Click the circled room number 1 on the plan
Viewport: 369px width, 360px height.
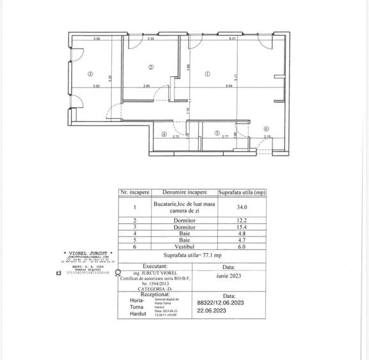(x=207, y=74)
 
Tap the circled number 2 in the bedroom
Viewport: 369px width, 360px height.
(x=151, y=67)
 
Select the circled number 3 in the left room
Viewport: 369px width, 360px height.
(x=91, y=74)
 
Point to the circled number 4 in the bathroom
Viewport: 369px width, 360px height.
(x=164, y=134)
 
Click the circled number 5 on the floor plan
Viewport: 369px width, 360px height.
(x=218, y=134)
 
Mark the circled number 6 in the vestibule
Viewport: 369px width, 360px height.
(x=265, y=128)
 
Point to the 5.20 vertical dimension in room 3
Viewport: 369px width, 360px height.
(x=110, y=78)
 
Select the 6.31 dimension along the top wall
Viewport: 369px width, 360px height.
(x=233, y=40)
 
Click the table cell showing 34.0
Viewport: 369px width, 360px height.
(x=242, y=207)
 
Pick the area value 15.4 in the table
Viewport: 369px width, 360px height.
(x=242, y=226)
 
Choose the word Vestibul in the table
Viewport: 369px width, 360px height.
(x=184, y=246)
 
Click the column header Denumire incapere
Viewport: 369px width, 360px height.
(x=185, y=192)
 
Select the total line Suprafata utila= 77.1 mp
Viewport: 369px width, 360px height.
(x=190, y=254)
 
